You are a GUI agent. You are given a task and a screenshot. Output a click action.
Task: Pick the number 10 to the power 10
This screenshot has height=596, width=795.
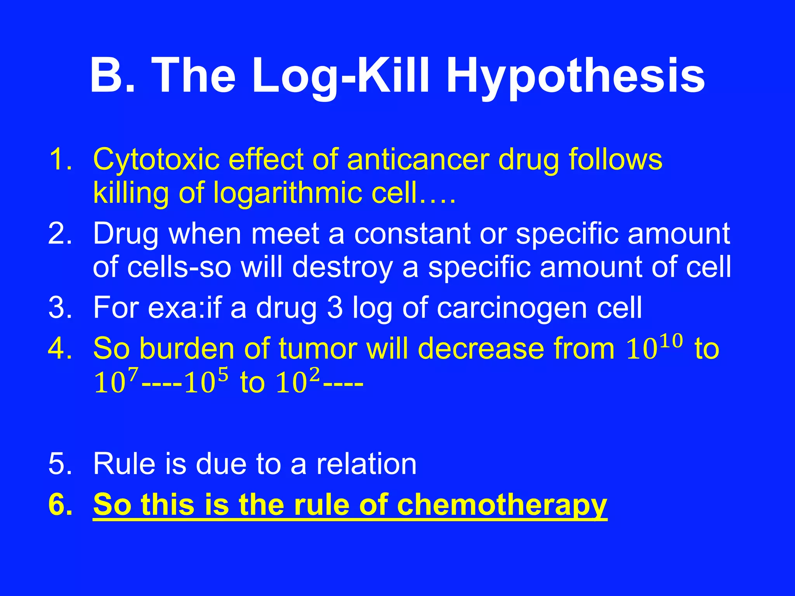(654, 346)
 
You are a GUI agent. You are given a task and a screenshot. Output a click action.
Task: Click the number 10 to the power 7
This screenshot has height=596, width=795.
(116, 381)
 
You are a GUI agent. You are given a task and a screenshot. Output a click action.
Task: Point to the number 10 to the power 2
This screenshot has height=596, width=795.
(297, 381)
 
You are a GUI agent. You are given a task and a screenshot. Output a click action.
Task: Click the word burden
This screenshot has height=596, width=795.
(186, 348)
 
